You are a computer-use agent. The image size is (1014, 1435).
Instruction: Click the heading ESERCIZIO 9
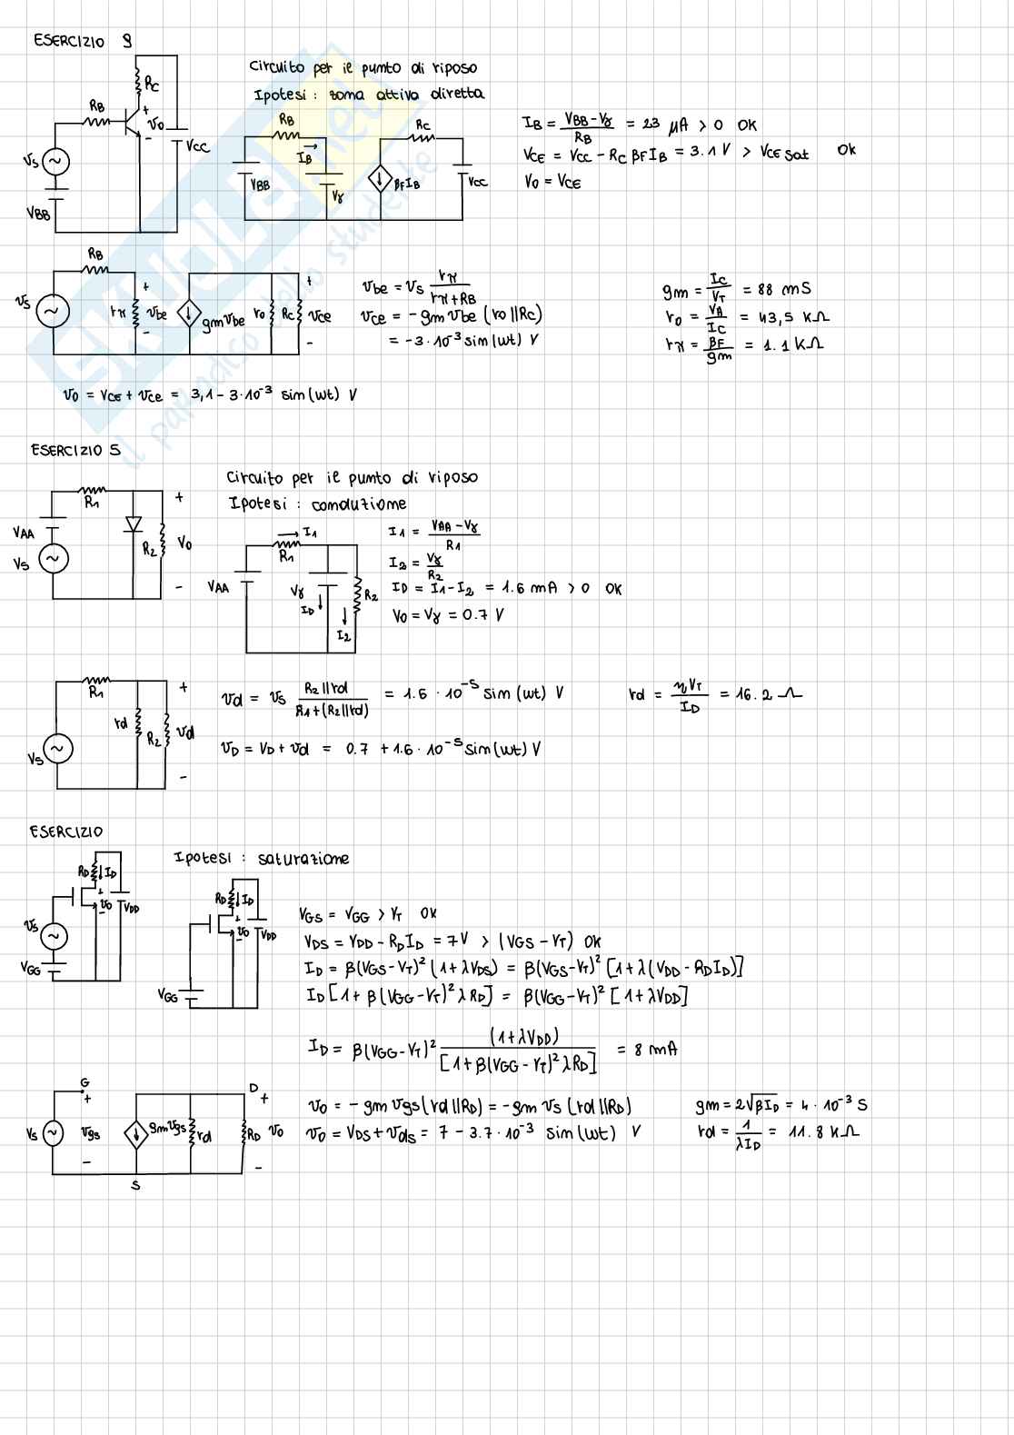tap(82, 41)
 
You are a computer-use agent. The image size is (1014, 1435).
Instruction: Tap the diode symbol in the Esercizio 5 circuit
tap(134, 523)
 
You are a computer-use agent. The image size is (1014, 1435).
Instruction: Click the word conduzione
tap(358, 504)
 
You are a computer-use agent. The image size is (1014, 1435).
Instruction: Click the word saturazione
tap(303, 859)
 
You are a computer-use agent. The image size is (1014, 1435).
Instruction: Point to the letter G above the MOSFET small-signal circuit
tap(84, 1082)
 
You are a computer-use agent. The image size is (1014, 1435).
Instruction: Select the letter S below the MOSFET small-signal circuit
tap(135, 1185)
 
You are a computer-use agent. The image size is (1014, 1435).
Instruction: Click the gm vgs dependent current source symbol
tap(136, 1133)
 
